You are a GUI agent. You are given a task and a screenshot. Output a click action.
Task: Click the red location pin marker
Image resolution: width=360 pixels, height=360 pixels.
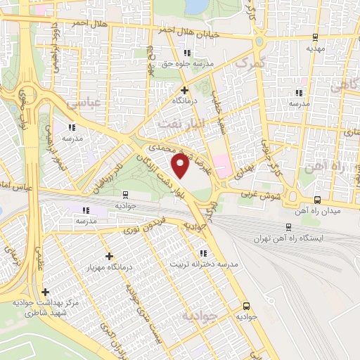(x=181, y=166)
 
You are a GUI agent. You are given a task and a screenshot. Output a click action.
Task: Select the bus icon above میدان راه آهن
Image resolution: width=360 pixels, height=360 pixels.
(x=318, y=199)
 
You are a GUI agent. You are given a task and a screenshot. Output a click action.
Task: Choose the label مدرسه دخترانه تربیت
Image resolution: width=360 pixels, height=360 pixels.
(x=204, y=265)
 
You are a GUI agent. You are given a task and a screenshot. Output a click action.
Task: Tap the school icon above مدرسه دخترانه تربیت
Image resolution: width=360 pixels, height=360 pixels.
(x=203, y=253)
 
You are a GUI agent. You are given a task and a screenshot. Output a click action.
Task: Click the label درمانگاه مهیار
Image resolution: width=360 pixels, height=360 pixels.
(x=108, y=268)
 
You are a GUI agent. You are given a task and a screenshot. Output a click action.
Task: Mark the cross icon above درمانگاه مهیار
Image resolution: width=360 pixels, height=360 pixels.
(x=108, y=257)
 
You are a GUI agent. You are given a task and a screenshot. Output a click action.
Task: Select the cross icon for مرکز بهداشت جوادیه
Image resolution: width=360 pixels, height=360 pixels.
(x=46, y=291)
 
